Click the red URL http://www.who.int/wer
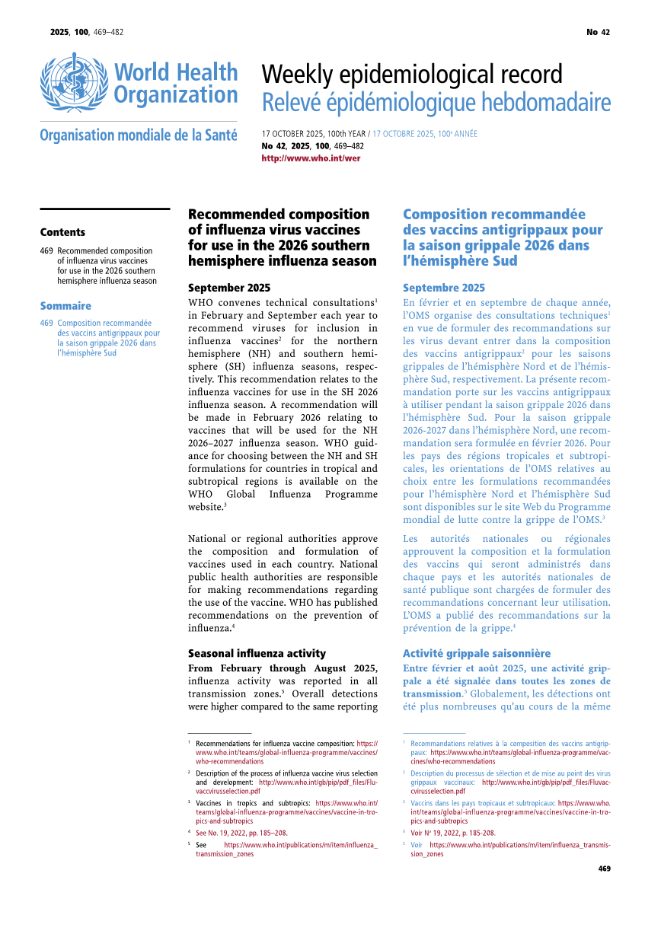(311, 158)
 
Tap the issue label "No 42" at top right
(598, 32)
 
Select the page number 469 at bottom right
(605, 869)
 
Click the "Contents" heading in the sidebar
(62, 232)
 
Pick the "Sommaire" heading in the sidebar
(65, 306)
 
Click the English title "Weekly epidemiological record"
(412, 75)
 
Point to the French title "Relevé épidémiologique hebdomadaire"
(436, 102)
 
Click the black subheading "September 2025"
(228, 288)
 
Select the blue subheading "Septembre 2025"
(443, 288)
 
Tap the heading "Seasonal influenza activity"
(257, 653)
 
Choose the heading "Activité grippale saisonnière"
(477, 653)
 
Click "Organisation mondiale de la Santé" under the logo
(139, 135)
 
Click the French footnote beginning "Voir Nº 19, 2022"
(452, 833)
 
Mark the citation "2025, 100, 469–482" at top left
(87, 32)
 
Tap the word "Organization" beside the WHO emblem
(176, 95)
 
